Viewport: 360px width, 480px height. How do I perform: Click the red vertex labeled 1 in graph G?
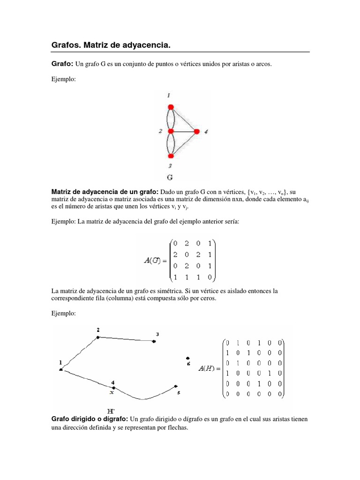171,106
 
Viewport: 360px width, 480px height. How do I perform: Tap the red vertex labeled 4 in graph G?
197,131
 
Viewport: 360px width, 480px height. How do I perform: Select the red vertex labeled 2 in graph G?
171,131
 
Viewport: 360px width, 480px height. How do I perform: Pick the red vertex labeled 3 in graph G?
171,156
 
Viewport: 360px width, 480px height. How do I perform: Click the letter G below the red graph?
171,177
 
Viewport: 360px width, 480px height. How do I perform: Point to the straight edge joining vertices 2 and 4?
184,131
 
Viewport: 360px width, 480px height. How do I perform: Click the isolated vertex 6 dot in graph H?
188,358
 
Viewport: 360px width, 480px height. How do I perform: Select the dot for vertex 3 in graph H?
154,341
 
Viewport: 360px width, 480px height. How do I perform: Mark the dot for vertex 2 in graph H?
97,337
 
